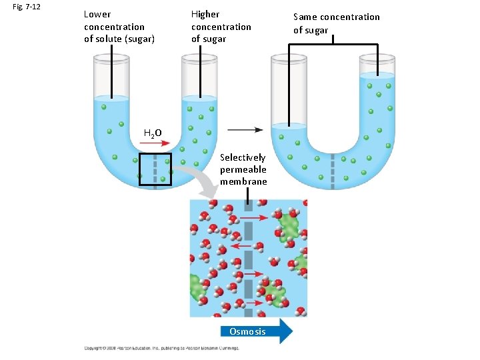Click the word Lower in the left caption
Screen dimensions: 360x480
tap(97, 14)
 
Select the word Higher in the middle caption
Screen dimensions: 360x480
tap(205, 14)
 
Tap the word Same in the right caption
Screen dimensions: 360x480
tap(307, 17)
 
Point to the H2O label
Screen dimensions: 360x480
tap(153, 133)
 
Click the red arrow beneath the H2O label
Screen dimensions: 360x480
tap(155, 143)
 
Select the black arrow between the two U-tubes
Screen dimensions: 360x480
tap(245, 129)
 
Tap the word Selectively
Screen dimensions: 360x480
tap(243, 157)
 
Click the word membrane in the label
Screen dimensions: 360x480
tap(243, 181)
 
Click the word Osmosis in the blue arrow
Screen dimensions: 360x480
tap(247, 331)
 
